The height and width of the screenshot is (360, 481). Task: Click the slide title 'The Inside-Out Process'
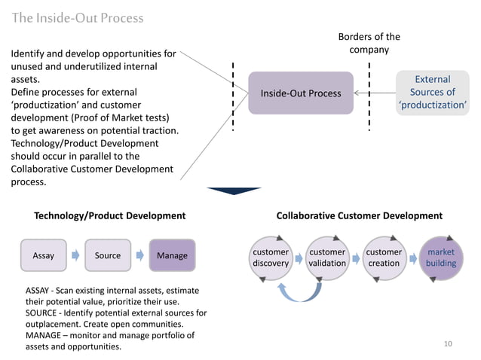77,17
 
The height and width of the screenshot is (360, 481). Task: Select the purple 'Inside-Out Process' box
301,93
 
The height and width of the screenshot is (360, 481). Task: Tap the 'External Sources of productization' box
433,93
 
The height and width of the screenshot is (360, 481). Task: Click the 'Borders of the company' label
369,43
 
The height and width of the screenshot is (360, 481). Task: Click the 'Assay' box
44,255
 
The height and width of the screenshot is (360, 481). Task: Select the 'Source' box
108,255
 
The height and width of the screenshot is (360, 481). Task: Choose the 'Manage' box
172,255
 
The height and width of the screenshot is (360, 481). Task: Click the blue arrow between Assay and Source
75,255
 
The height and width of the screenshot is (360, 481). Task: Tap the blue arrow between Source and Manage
139,255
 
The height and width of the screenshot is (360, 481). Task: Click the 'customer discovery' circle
271,258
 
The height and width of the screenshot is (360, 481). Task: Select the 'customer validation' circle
327,258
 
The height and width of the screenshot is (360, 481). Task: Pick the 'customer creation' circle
384,258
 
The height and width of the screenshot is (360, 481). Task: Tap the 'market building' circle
440,258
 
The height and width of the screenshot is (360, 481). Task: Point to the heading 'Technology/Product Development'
110,216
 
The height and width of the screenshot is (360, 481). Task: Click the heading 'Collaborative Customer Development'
359,216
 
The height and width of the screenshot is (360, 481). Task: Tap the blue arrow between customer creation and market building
412,258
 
